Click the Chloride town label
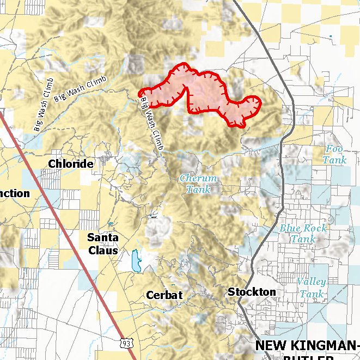point(70,163)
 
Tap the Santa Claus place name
point(103,244)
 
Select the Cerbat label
point(164,295)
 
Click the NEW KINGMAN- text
point(307,345)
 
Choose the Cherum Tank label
point(198,184)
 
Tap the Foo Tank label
point(334,155)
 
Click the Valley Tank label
point(312,288)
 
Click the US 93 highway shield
point(126,343)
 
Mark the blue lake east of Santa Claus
point(136,261)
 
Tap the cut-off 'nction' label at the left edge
point(15,193)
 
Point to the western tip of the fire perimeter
point(140,93)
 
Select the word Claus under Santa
point(103,251)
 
